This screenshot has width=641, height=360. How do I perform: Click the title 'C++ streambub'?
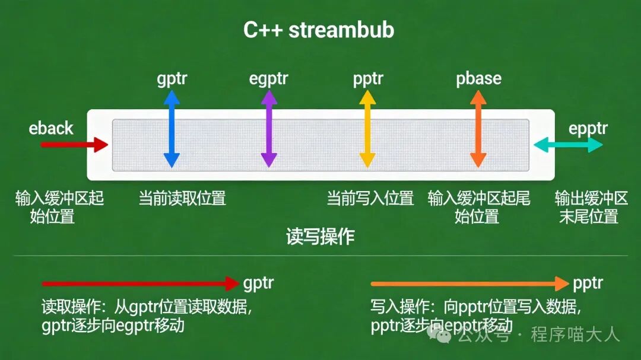319,31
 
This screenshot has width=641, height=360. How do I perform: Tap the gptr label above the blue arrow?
172,79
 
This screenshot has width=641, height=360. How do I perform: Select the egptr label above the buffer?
269,79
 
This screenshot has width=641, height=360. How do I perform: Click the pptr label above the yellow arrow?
368,79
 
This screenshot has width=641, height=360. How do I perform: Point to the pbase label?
478,79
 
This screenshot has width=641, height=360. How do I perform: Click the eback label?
51,128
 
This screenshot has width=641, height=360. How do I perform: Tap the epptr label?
588,128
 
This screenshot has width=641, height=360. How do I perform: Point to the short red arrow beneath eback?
74,144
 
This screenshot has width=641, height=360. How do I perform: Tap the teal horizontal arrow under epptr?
568,144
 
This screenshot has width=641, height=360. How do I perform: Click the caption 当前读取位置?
182,198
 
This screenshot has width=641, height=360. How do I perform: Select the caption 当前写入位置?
370,198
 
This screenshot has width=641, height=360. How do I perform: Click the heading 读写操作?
320,237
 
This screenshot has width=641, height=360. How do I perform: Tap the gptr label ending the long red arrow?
259,283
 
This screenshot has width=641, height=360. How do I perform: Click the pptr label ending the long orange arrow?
588,283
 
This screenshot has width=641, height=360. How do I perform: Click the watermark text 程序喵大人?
575,334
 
